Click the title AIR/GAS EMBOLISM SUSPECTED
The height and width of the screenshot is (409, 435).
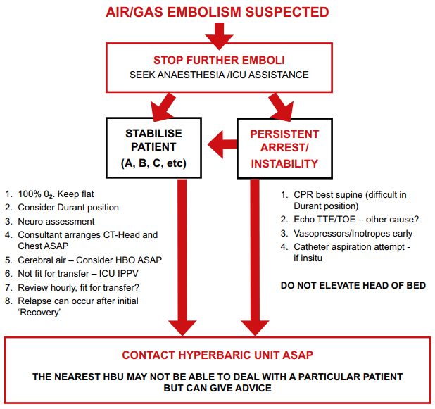[217, 12]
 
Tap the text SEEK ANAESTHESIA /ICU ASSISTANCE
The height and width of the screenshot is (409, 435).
[217, 75]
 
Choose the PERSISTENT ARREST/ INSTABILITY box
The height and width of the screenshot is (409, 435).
[284, 148]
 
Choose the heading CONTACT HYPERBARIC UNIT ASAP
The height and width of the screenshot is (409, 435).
[217, 355]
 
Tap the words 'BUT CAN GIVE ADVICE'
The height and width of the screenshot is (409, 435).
[217, 389]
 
